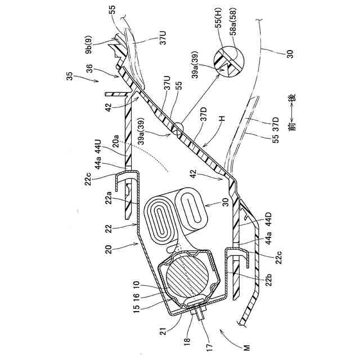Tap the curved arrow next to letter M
pyautogui.click(x=230, y=335)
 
